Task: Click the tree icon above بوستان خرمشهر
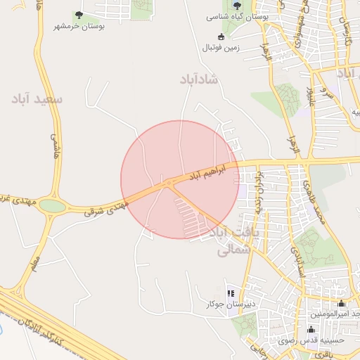pos(79,14)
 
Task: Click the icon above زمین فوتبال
pos(221,37)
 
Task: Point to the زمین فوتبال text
pos(221,48)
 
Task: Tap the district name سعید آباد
pos(37,99)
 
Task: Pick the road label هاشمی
pos(53,146)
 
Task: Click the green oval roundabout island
pos(51,205)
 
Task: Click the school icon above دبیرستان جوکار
pos(230,294)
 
